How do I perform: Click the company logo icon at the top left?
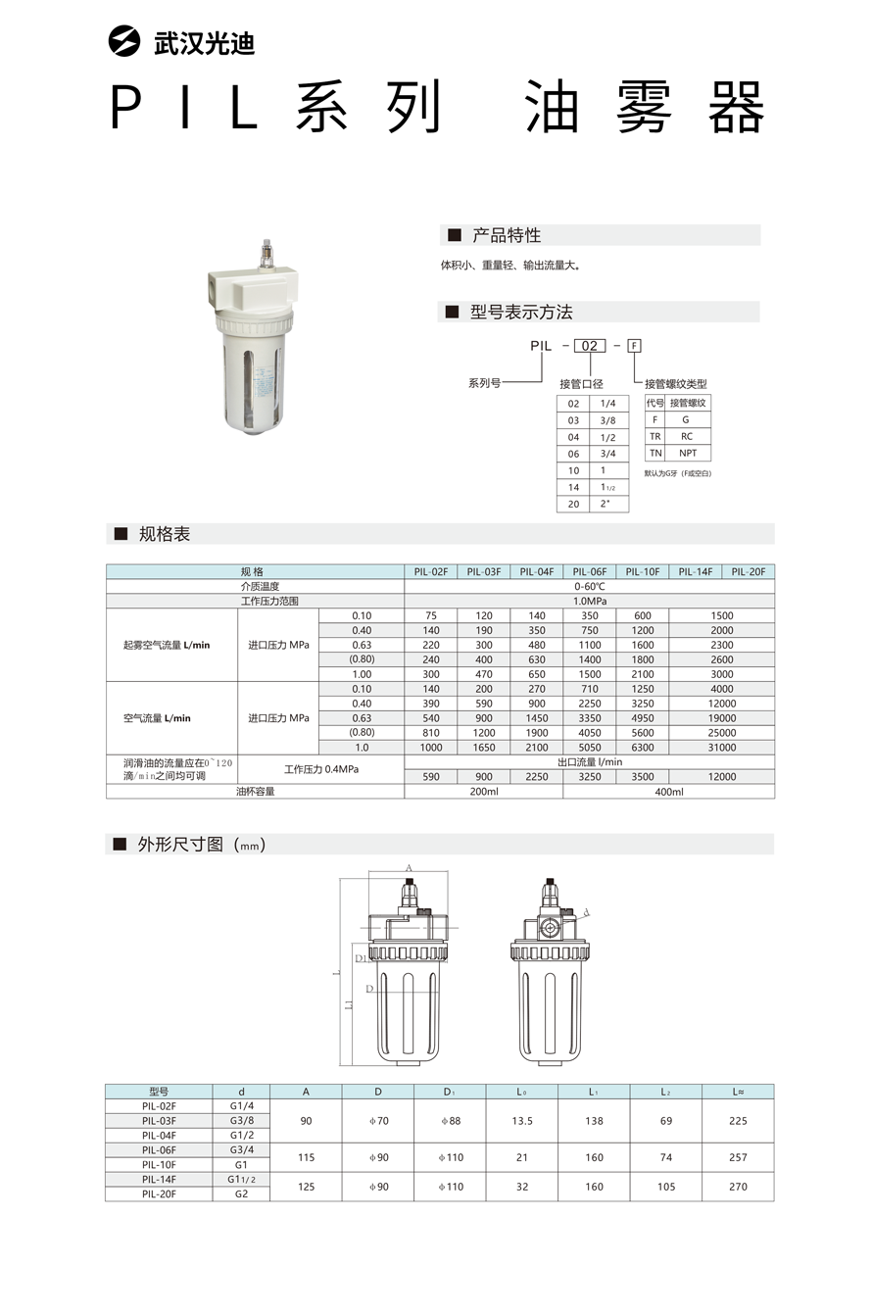(125, 43)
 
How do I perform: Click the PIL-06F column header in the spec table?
(589, 571)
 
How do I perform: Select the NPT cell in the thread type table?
(688, 454)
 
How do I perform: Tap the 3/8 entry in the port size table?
(607, 420)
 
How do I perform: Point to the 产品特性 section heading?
(506, 236)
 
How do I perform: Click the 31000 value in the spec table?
(721, 748)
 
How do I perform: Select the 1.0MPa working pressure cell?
(589, 601)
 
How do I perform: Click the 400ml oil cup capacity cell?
(668, 792)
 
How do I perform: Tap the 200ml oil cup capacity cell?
(484, 792)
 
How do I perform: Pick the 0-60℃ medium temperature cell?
(589, 586)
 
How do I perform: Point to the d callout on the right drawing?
(586, 912)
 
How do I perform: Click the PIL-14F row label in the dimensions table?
(159, 1179)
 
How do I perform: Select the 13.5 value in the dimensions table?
(522, 1121)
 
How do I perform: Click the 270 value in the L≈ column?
(738, 1187)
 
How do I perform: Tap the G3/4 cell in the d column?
(241, 1149)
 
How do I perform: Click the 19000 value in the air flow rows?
(721, 718)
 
